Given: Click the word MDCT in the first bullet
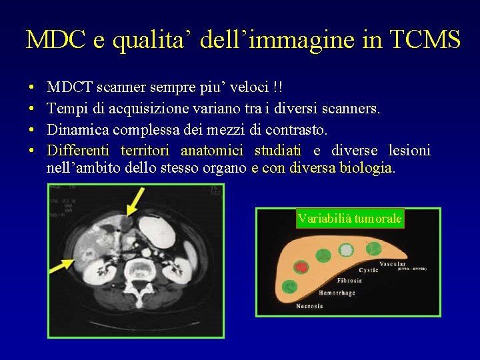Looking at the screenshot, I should point(70,87).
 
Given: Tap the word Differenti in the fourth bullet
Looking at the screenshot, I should point(79,151).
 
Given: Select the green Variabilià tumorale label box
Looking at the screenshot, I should point(350,219).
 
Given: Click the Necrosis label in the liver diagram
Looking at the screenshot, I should point(309,306).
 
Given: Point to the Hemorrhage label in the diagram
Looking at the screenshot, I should point(336,293).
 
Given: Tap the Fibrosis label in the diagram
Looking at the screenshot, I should point(349,281).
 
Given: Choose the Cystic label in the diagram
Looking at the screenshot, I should point(369,271).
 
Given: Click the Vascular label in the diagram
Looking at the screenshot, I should point(393,265).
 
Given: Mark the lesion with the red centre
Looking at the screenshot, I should point(302,267).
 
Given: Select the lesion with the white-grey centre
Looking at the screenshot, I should point(346,250).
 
